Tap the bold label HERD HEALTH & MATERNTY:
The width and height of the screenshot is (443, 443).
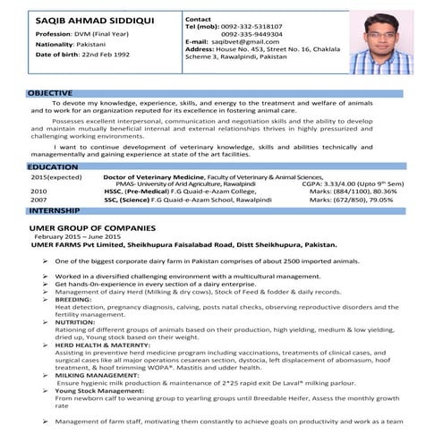[102, 344]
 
